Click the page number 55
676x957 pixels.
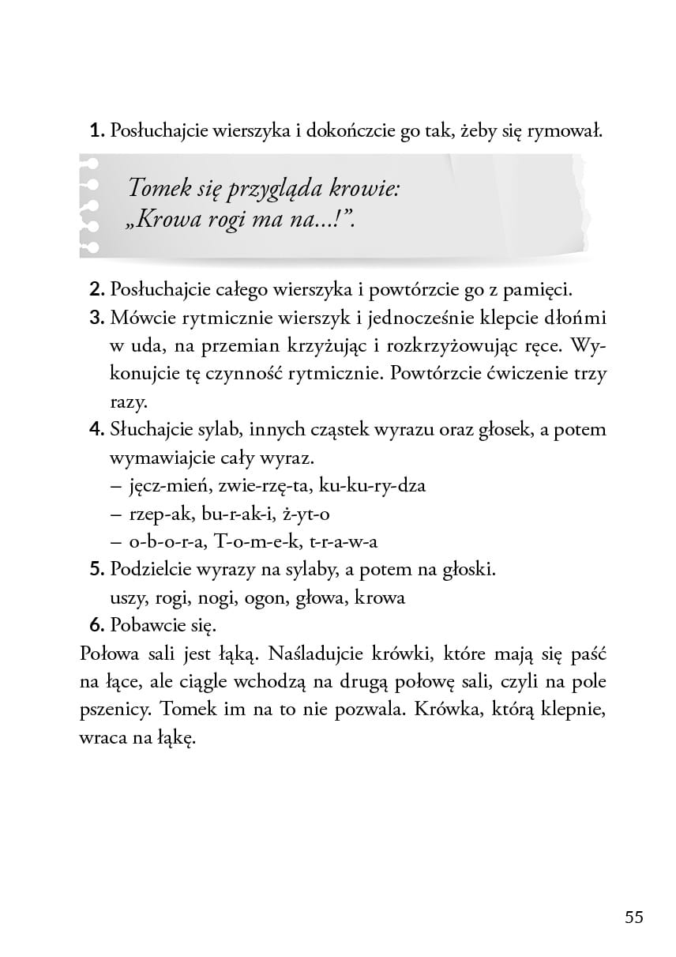click(x=634, y=917)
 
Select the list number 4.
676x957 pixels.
click(x=97, y=430)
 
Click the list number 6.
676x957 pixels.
click(x=97, y=626)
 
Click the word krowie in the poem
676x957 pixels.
click(x=357, y=190)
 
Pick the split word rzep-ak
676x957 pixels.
click(x=159, y=514)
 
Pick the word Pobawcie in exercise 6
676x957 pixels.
click(x=149, y=626)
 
